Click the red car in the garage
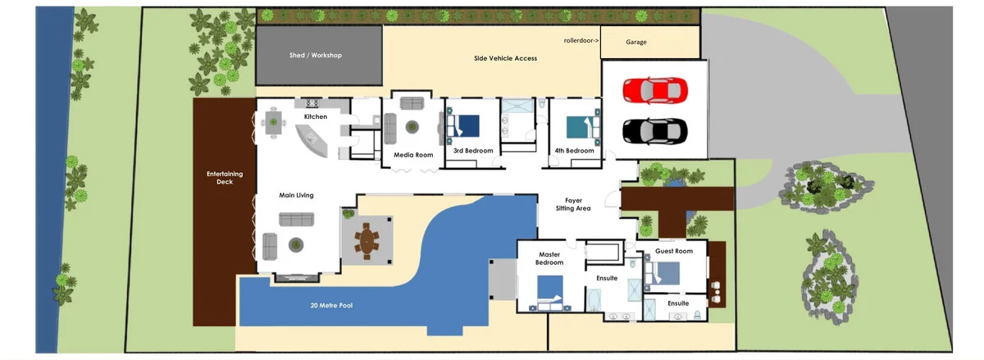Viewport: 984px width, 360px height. click(x=655, y=90)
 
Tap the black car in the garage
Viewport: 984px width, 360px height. click(x=655, y=131)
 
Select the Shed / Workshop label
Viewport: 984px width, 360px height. click(x=316, y=55)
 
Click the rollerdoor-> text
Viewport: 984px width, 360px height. click(x=581, y=40)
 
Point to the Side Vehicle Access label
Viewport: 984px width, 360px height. click(x=506, y=58)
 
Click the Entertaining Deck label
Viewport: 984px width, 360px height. click(x=225, y=178)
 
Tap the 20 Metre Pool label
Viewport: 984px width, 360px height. click(x=331, y=305)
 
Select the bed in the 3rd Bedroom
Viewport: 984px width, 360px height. click(x=463, y=126)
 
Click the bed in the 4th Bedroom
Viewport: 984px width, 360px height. click(x=583, y=127)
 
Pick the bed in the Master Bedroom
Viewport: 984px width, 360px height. click(x=550, y=292)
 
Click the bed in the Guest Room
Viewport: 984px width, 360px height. click(x=663, y=273)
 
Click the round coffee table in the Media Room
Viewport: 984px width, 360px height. click(x=412, y=127)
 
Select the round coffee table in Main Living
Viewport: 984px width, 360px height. click(x=296, y=245)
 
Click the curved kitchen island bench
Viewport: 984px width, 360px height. click(x=312, y=140)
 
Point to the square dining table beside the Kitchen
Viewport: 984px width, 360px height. click(x=273, y=123)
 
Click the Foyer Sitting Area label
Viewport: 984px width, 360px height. click(x=573, y=204)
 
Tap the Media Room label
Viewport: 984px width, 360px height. click(x=413, y=155)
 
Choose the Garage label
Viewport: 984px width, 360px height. click(x=636, y=42)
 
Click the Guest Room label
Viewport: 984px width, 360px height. click(x=674, y=251)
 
